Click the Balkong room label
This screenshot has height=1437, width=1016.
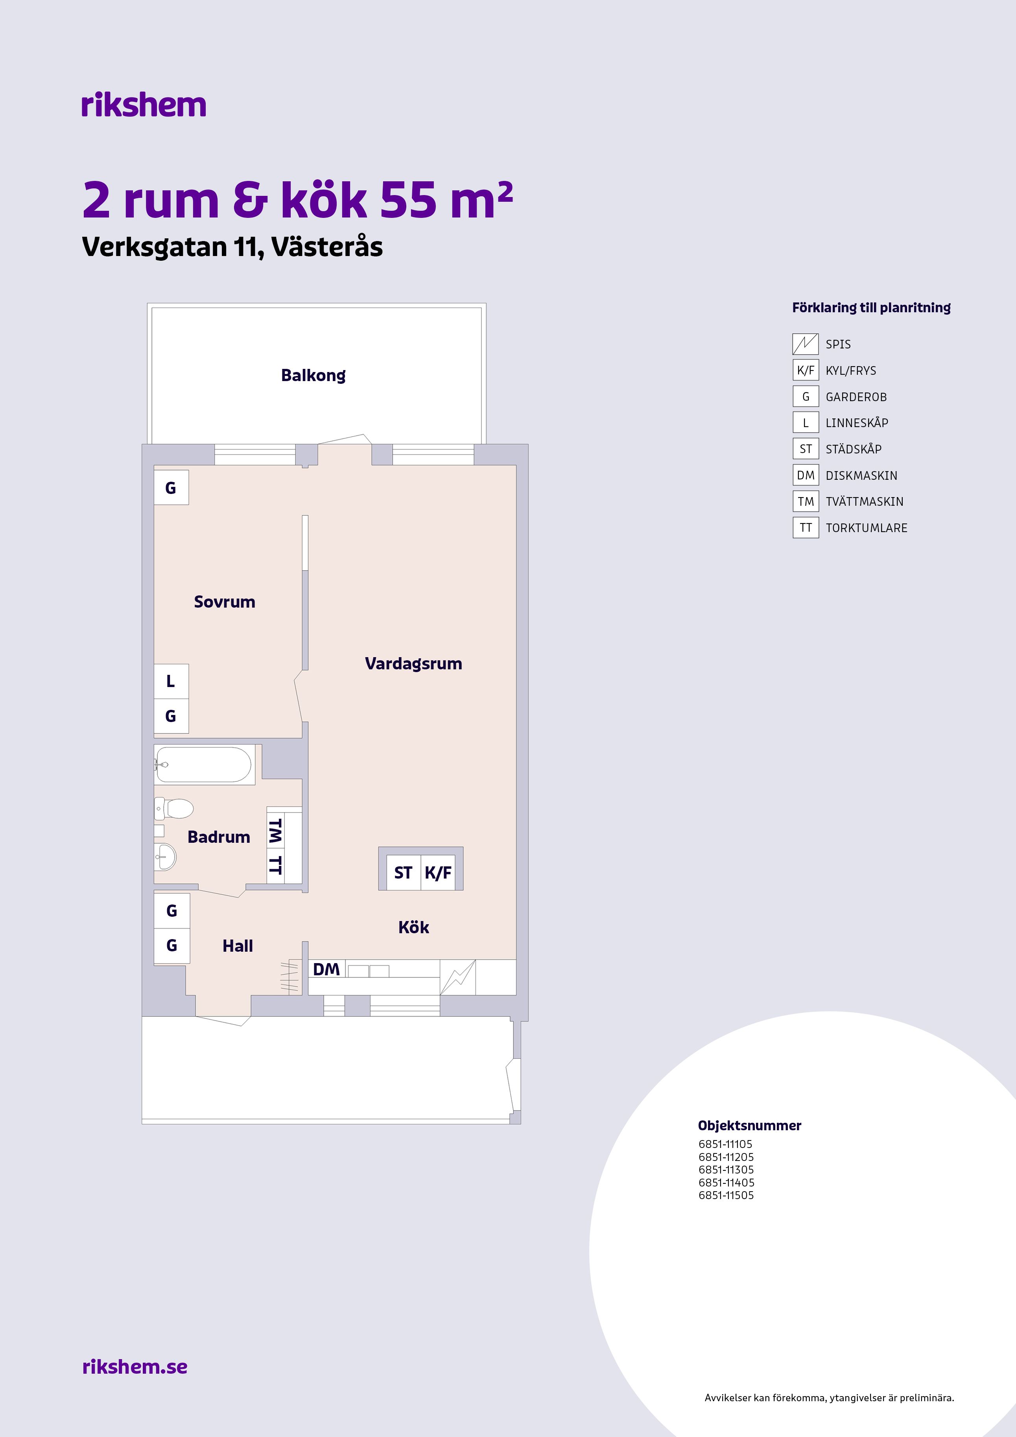(313, 376)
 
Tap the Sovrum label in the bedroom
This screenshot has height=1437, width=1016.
(225, 602)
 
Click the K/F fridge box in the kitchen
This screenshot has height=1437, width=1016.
(437, 872)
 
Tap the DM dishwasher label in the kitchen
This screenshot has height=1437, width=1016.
(326, 969)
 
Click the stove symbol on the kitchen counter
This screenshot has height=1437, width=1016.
(457, 977)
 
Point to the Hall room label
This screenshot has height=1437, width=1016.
(238, 946)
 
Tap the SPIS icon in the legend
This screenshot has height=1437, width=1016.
(806, 344)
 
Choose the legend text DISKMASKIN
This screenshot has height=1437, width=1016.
(861, 476)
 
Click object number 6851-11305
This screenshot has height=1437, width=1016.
(726, 1170)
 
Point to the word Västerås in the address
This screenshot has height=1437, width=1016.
(327, 247)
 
